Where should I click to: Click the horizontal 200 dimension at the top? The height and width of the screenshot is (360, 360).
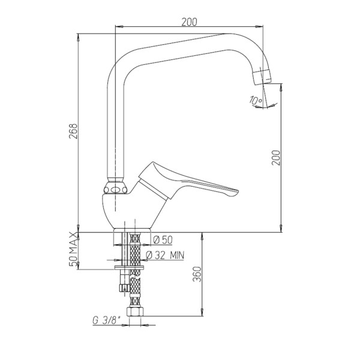point(189,22)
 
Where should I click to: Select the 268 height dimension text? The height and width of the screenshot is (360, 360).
point(73,131)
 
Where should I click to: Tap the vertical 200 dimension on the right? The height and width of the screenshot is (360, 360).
point(276,158)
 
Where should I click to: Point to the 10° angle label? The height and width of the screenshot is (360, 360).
point(256,101)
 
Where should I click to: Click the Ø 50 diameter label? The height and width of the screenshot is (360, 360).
point(163,240)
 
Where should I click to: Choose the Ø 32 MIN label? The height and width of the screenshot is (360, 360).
point(165,255)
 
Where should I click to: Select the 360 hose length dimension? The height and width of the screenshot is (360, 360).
point(197,274)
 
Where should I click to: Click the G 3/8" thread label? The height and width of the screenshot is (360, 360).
point(107,320)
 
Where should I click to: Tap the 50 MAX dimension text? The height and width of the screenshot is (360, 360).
point(73,249)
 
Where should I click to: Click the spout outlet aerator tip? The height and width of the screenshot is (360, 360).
point(262,77)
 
